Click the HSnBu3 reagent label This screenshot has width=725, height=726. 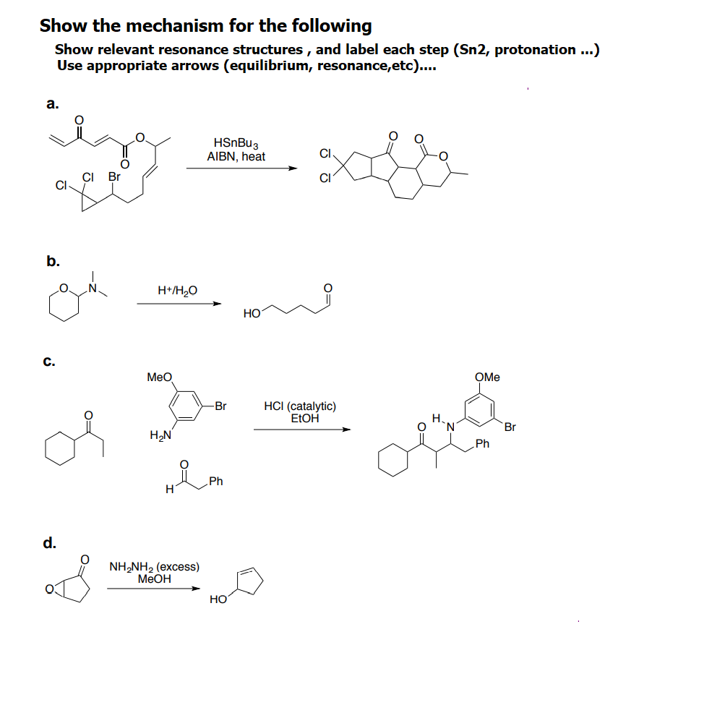tap(236, 144)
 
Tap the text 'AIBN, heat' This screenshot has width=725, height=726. tap(236, 156)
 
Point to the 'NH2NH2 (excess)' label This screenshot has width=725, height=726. tap(154, 566)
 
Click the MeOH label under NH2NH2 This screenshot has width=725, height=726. tap(154, 578)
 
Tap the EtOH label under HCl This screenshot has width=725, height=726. tap(304, 418)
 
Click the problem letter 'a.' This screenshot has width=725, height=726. tap(53, 104)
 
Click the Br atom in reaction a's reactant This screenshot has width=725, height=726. tap(114, 176)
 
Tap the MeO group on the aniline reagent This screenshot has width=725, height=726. tap(159, 377)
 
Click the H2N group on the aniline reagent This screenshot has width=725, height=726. tap(160, 435)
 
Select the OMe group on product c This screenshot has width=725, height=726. tap(487, 377)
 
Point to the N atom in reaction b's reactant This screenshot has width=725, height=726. tap(93, 289)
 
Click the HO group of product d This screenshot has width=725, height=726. tap(218, 599)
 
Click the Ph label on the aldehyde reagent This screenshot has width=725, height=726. tap(215, 482)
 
